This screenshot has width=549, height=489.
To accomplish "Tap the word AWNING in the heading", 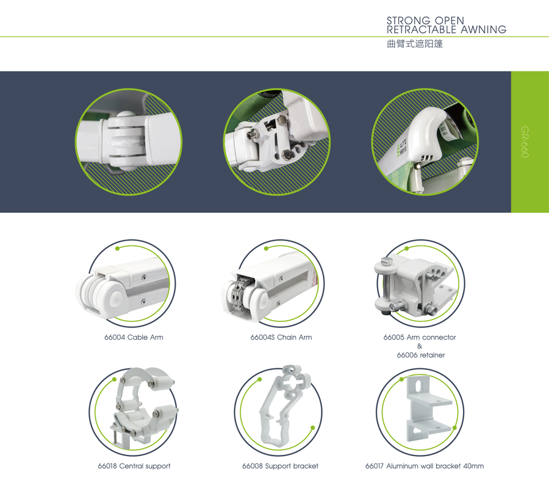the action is (484, 30).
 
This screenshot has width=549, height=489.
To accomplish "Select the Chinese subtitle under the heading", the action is (415, 44).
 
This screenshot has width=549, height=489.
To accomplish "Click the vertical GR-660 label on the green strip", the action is (525, 142).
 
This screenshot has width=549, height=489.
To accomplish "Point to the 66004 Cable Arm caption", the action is (134, 337).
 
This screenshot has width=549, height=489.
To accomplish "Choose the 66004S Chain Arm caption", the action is (281, 337).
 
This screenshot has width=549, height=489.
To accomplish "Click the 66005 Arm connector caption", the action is (420, 337).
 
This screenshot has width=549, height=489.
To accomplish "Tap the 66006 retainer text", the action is (421, 355).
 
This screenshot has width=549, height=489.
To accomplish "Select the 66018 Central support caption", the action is (134, 466).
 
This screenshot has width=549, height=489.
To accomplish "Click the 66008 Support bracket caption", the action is (281, 466).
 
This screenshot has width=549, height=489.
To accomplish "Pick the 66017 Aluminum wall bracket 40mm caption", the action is (425, 466).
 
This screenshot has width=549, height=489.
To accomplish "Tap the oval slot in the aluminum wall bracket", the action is (418, 385).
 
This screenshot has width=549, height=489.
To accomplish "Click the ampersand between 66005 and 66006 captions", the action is (420, 346).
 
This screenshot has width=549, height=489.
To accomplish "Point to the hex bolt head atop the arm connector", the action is (385, 261).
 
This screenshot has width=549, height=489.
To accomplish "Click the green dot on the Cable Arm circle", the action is (118, 249).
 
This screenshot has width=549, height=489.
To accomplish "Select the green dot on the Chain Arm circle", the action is (267, 249).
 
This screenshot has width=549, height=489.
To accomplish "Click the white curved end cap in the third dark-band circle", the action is (427, 135).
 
